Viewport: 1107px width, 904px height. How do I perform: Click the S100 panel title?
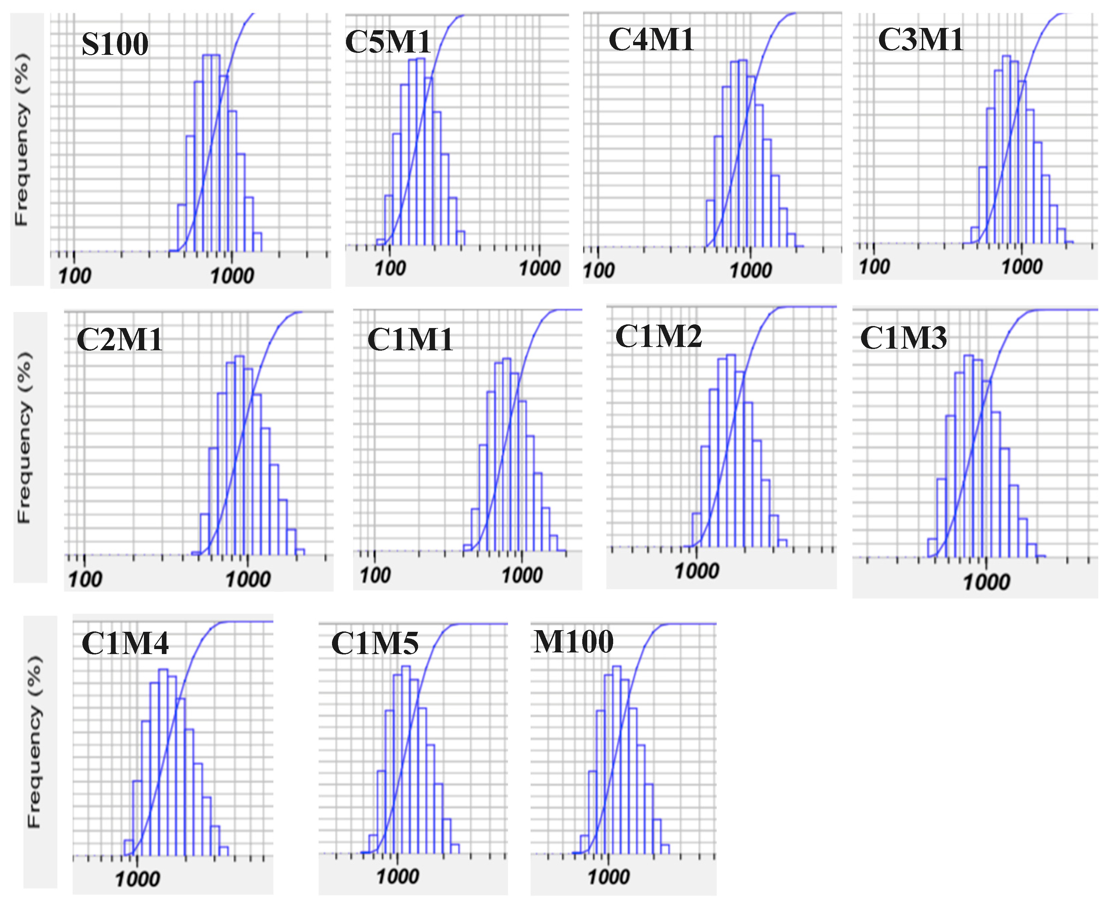(115, 44)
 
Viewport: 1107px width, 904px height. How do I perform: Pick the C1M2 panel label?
(659, 336)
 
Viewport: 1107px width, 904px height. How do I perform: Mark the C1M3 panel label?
(903, 338)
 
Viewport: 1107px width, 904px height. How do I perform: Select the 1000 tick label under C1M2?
(697, 571)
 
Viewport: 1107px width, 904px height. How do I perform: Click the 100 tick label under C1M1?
(375, 575)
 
